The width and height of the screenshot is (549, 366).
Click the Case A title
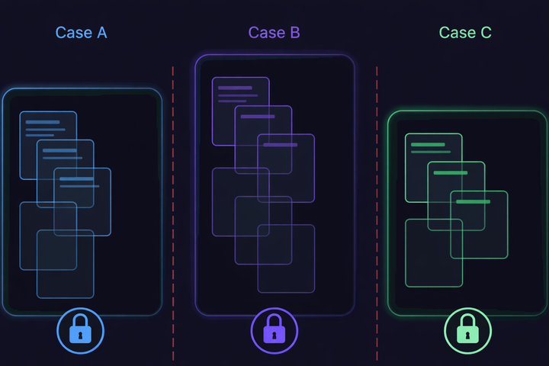[82, 33]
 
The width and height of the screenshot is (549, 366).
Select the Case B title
[274, 33]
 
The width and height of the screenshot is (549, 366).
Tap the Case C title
[465, 33]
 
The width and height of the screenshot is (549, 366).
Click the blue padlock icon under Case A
[80, 332]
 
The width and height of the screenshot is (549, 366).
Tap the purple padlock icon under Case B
[274, 332]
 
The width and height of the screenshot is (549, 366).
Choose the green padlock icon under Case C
[467, 332]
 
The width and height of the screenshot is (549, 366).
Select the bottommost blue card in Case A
[65, 274]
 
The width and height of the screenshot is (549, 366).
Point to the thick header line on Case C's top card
[427, 144]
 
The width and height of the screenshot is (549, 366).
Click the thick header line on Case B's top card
[235, 88]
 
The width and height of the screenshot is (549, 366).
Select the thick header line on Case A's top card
[43, 122]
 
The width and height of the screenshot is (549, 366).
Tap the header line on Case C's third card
[473, 201]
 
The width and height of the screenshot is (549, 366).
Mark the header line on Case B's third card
[280, 144]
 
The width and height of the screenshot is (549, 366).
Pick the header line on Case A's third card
[76, 179]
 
